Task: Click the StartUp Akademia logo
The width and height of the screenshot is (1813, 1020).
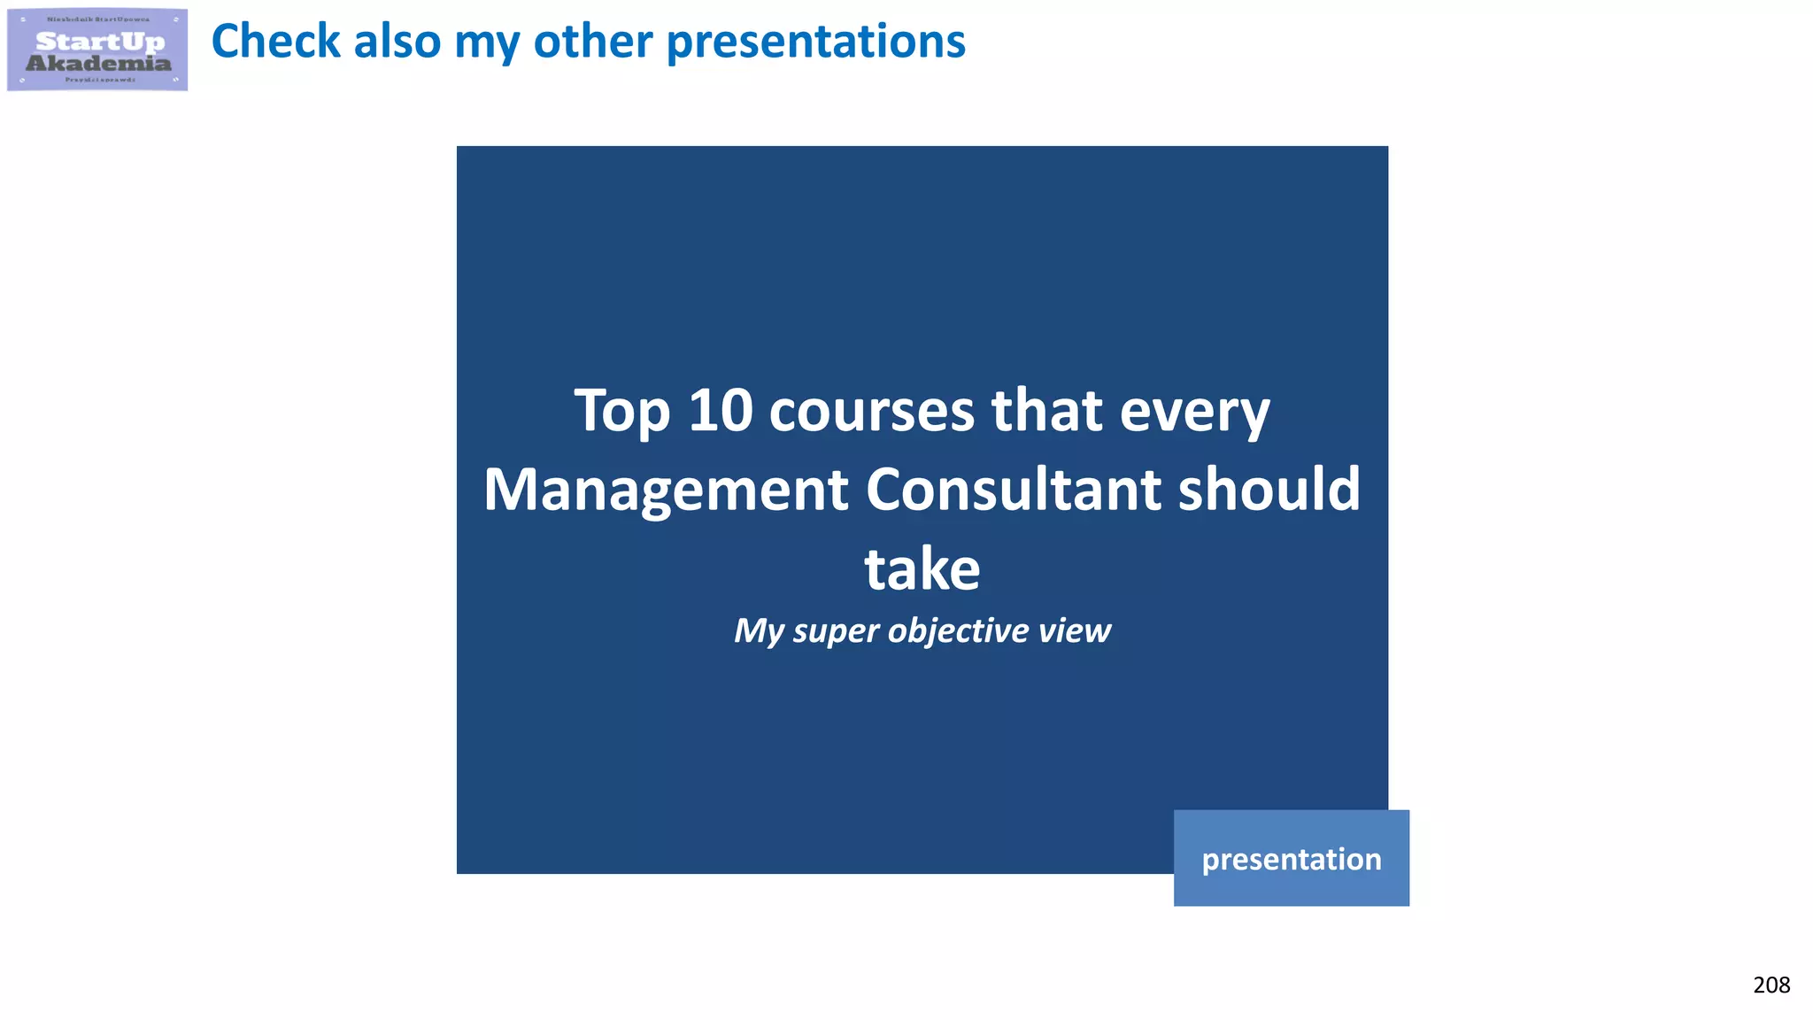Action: [x=97, y=50]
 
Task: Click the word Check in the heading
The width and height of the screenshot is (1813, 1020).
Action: [x=275, y=42]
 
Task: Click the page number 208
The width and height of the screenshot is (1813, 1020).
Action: [x=1771, y=985]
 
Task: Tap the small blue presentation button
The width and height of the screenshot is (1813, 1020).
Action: [x=1291, y=858]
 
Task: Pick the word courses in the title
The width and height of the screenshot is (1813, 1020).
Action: [x=871, y=412]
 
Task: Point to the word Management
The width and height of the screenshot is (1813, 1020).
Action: [x=666, y=491]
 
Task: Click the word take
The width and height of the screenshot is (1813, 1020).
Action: [x=922, y=568]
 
